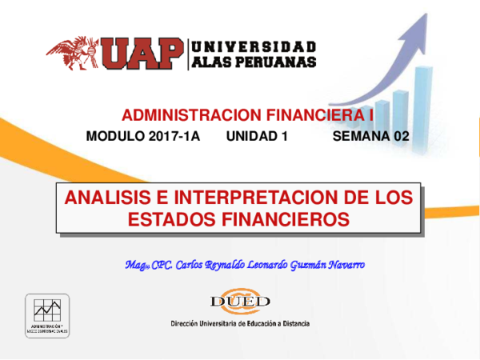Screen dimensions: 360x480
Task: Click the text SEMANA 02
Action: pos(370,138)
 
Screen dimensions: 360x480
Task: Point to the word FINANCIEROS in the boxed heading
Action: pos(285,218)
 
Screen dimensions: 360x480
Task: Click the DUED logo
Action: pos(239,302)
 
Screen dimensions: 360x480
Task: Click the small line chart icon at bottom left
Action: pos(47,311)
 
